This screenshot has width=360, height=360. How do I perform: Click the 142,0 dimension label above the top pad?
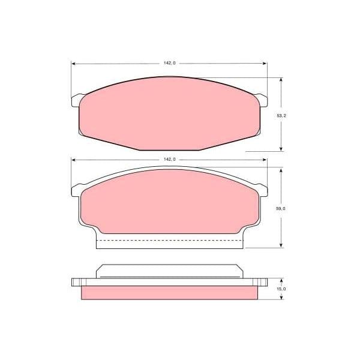(x=169, y=63)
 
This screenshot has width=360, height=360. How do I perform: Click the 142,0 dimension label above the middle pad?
(x=169, y=160)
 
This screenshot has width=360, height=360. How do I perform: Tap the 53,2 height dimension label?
(x=281, y=116)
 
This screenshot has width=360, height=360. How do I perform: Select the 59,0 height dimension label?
(x=281, y=209)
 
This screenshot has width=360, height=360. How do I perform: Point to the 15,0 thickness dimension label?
(x=281, y=289)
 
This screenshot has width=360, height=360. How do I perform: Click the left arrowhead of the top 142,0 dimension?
(x=73, y=64)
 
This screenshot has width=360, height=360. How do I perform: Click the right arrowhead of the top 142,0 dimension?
(x=265, y=64)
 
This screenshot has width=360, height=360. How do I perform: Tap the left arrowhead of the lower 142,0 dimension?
(x=73, y=160)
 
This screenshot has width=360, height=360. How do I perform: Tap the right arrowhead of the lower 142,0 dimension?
(x=265, y=160)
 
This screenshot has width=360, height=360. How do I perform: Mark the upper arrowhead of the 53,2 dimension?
(x=281, y=80)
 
